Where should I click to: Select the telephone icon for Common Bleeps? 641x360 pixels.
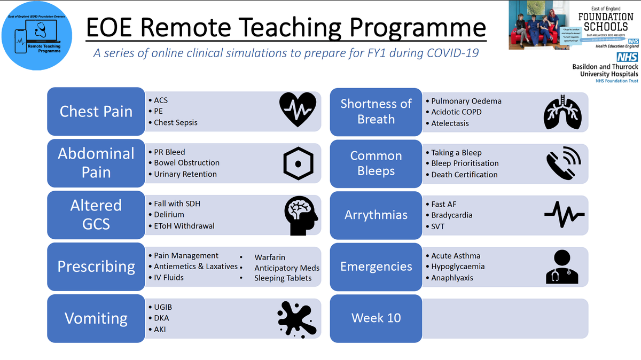point(563,162)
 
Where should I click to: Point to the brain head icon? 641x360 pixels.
point(301,215)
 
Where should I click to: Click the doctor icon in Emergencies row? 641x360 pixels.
point(562,267)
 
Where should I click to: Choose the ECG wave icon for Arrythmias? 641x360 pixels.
point(564,215)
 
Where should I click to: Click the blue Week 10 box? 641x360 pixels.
point(376,318)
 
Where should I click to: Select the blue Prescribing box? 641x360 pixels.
point(96,267)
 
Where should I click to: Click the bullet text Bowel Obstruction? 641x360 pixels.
point(186,163)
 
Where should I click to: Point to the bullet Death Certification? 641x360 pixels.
point(464,175)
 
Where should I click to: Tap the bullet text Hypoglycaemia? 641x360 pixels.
point(458,267)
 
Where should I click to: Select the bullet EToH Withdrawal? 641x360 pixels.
point(184,226)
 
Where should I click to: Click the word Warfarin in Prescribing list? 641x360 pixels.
point(272,257)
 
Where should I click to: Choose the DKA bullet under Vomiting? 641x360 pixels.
point(162,318)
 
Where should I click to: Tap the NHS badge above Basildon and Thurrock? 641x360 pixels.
point(627,57)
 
